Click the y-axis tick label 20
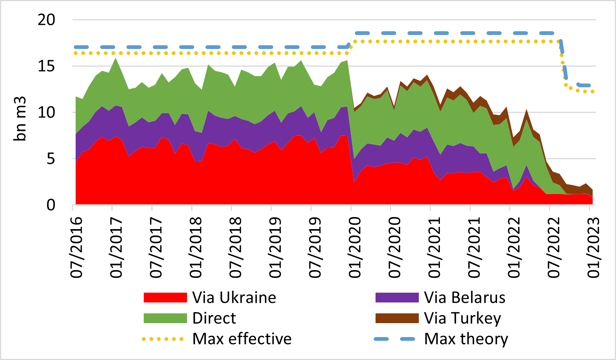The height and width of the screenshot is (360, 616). [46, 20]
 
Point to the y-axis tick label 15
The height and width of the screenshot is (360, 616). [46, 66]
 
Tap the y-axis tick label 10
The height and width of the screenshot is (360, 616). [46, 112]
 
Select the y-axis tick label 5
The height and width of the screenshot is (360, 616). [51, 159]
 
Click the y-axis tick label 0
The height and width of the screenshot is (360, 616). [51, 205]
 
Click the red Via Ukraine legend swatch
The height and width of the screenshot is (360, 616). [165, 298]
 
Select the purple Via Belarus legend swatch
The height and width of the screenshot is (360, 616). [397, 298]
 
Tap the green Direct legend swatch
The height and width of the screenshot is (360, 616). [165, 318]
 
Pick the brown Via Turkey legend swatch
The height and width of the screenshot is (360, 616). [397, 318]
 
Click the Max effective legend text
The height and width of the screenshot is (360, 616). [242, 339]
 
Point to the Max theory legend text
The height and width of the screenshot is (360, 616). [466, 339]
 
